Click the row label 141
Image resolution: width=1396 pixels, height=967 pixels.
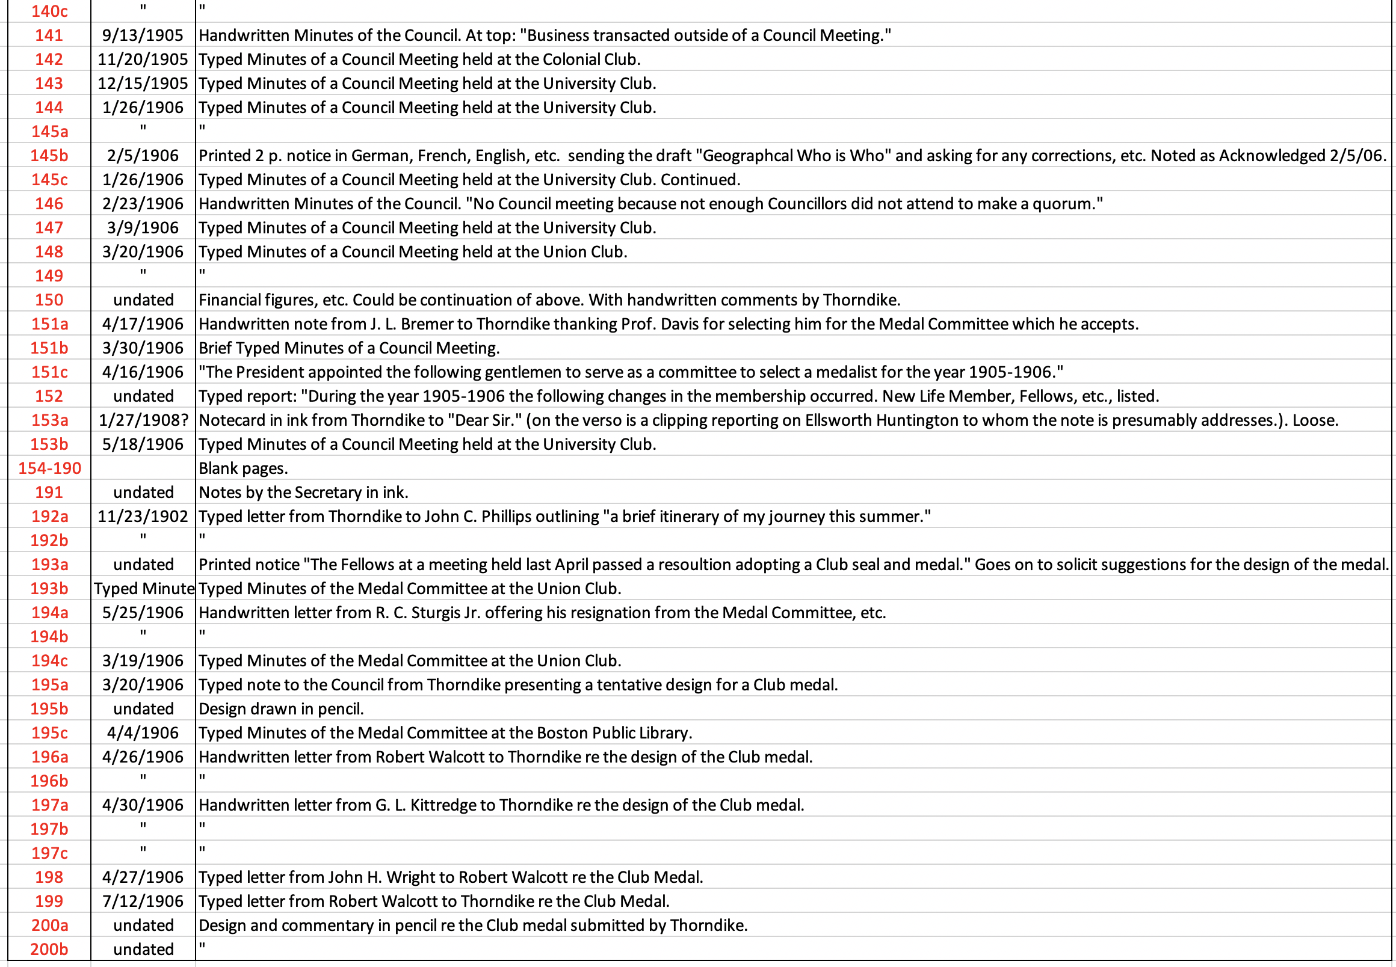click(49, 35)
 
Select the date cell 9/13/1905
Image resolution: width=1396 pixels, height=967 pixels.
click(143, 35)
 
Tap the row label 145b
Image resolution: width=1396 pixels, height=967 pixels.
click(49, 156)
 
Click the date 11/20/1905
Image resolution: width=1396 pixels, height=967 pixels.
click(143, 60)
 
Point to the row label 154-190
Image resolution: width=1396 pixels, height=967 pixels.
click(49, 468)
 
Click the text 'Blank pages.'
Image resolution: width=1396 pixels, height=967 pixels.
click(243, 468)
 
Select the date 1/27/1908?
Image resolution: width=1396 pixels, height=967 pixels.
click(143, 420)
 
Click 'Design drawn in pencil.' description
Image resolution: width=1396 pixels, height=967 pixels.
click(281, 709)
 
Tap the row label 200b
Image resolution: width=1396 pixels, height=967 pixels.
click(49, 950)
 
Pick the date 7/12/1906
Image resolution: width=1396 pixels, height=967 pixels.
click(143, 901)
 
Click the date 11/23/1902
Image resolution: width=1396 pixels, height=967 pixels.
click(143, 517)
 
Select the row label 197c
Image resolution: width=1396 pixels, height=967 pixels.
click(49, 853)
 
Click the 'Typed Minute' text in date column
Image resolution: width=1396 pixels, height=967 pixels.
click(144, 589)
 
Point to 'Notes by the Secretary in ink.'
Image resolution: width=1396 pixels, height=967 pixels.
click(303, 493)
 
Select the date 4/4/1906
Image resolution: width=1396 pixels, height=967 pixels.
click(143, 733)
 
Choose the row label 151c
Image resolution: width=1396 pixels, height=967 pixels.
click(49, 372)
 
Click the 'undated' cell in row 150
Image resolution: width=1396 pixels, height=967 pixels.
click(143, 300)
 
